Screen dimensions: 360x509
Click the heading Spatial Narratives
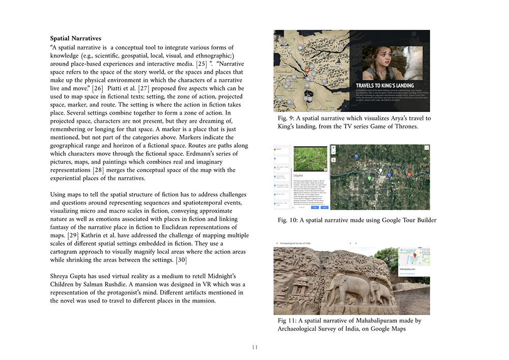pyautogui.click(x=75, y=38)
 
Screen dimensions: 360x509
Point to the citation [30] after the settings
pyautogui.click(x=181, y=261)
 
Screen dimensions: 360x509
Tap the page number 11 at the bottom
pyautogui.click(x=254, y=347)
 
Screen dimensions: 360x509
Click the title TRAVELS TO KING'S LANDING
pyautogui.click(x=384, y=86)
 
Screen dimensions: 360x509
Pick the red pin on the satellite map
pyautogui.click(x=410, y=176)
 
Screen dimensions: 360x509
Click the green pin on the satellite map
pyautogui.click(x=370, y=178)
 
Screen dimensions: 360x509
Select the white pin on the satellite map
pyautogui.click(x=380, y=171)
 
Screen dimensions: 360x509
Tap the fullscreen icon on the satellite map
pyautogui.click(x=427, y=148)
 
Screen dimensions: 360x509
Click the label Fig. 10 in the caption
pyautogui.click(x=288, y=220)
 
